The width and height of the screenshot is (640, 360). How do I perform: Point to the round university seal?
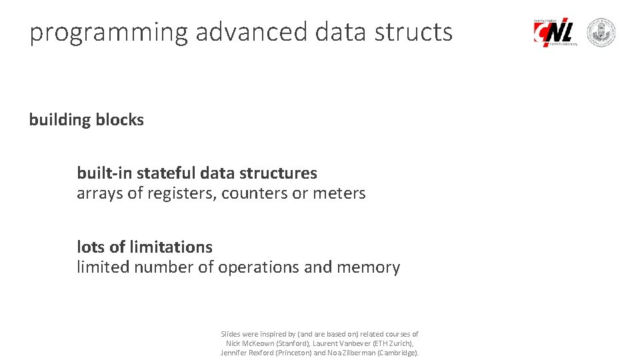pyautogui.click(x=601, y=32)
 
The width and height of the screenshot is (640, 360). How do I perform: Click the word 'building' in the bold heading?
pyautogui.click(x=60, y=120)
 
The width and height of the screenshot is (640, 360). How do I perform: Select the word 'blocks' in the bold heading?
pyautogui.click(x=119, y=120)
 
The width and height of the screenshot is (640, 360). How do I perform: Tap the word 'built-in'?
pyautogui.click(x=105, y=173)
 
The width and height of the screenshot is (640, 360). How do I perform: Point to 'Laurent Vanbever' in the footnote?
pyautogui.click(x=337, y=343)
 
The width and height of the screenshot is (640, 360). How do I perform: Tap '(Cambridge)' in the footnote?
pyautogui.click(x=398, y=353)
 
